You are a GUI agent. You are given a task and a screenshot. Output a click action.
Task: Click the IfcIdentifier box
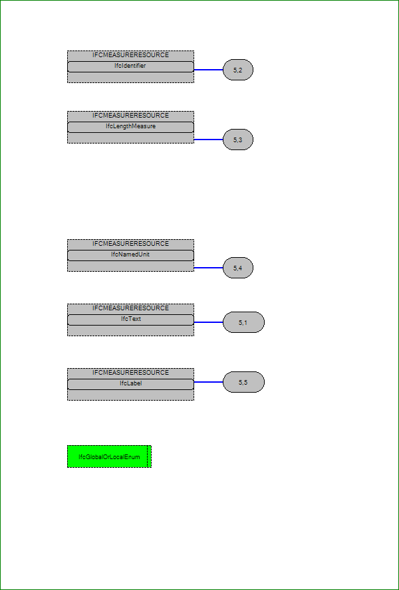tap(130, 66)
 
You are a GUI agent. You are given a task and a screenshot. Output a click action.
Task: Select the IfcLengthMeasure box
tap(130, 127)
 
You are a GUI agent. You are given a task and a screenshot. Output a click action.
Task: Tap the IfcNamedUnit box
tap(130, 256)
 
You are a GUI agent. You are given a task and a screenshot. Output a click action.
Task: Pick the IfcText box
tap(130, 320)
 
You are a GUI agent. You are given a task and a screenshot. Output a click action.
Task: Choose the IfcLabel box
tap(130, 384)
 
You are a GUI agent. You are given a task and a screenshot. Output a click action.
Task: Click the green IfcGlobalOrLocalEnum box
tap(109, 456)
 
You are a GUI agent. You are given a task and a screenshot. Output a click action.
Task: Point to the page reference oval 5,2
tap(238, 70)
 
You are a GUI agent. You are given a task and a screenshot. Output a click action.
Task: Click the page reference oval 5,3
tap(238, 140)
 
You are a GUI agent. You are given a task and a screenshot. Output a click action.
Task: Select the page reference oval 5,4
tap(238, 268)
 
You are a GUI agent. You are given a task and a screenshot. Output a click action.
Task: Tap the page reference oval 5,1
tap(244, 322)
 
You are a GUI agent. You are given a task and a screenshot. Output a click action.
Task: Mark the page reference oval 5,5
tap(244, 382)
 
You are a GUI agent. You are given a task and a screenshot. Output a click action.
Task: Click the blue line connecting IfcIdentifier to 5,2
tap(208, 70)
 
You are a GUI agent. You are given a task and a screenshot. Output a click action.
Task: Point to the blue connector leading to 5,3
tap(208, 140)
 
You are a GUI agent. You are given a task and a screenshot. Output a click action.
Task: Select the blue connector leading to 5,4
tap(208, 268)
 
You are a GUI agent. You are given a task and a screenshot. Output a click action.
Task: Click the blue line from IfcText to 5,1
tap(208, 322)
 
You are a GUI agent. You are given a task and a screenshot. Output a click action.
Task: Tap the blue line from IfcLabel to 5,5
tap(208, 382)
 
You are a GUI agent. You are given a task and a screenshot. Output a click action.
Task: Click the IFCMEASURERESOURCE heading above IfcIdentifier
tap(131, 55)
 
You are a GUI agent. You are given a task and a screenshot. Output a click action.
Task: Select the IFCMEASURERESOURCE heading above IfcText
tap(131, 308)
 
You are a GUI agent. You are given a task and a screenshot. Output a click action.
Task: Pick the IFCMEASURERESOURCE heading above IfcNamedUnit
tap(131, 244)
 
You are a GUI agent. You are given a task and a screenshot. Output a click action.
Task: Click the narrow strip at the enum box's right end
tap(149, 456)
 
